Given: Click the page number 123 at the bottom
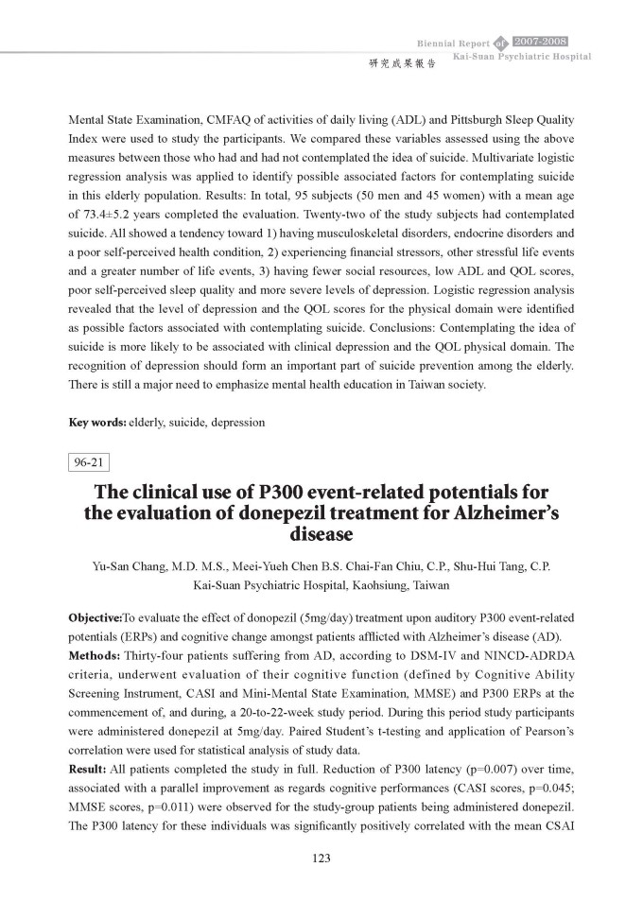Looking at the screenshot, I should point(321,859).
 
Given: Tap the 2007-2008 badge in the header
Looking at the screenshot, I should point(539,42).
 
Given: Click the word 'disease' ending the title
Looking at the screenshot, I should point(321,535).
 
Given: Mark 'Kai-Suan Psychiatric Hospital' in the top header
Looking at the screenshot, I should point(522,57).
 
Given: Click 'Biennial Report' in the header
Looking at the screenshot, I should point(452,43).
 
